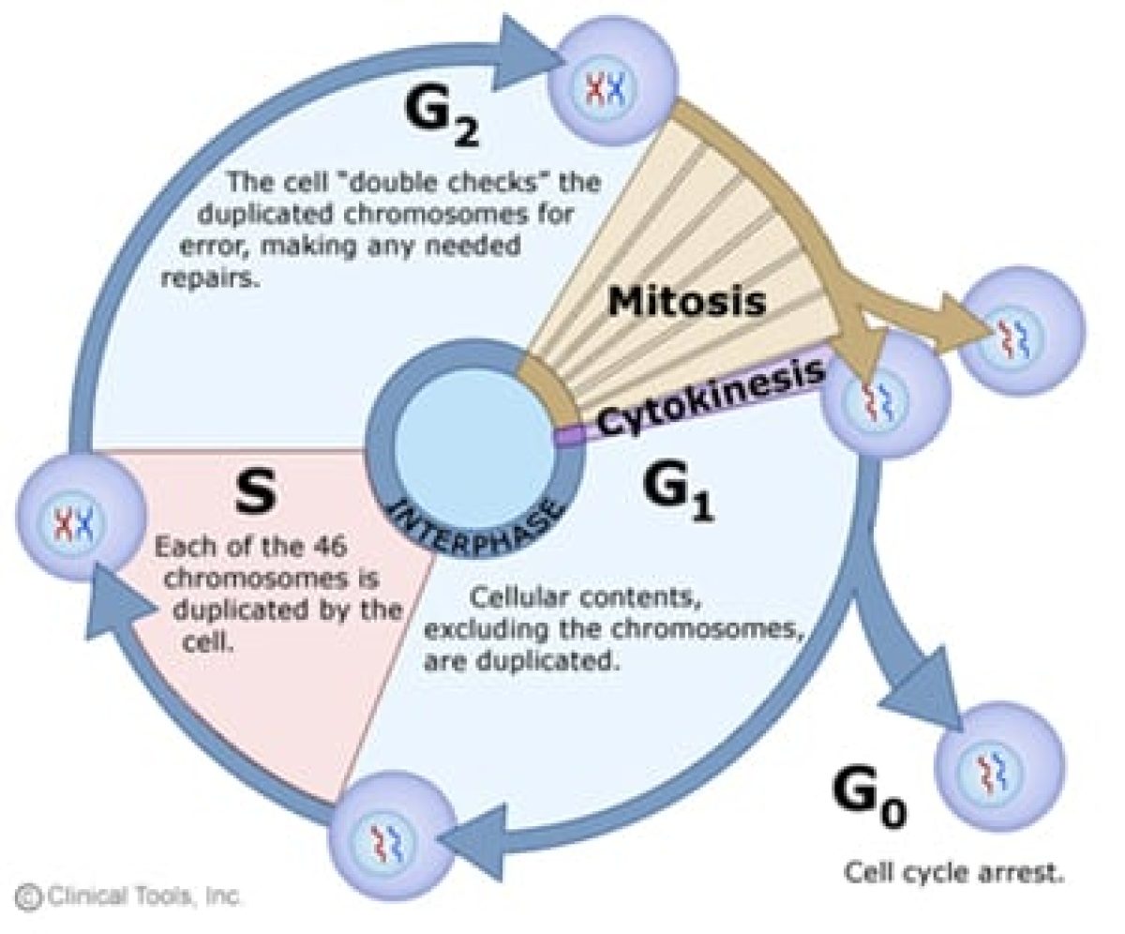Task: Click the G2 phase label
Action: [x=440, y=121]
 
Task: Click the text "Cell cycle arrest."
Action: [x=954, y=872]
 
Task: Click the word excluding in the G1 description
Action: [x=481, y=629]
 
